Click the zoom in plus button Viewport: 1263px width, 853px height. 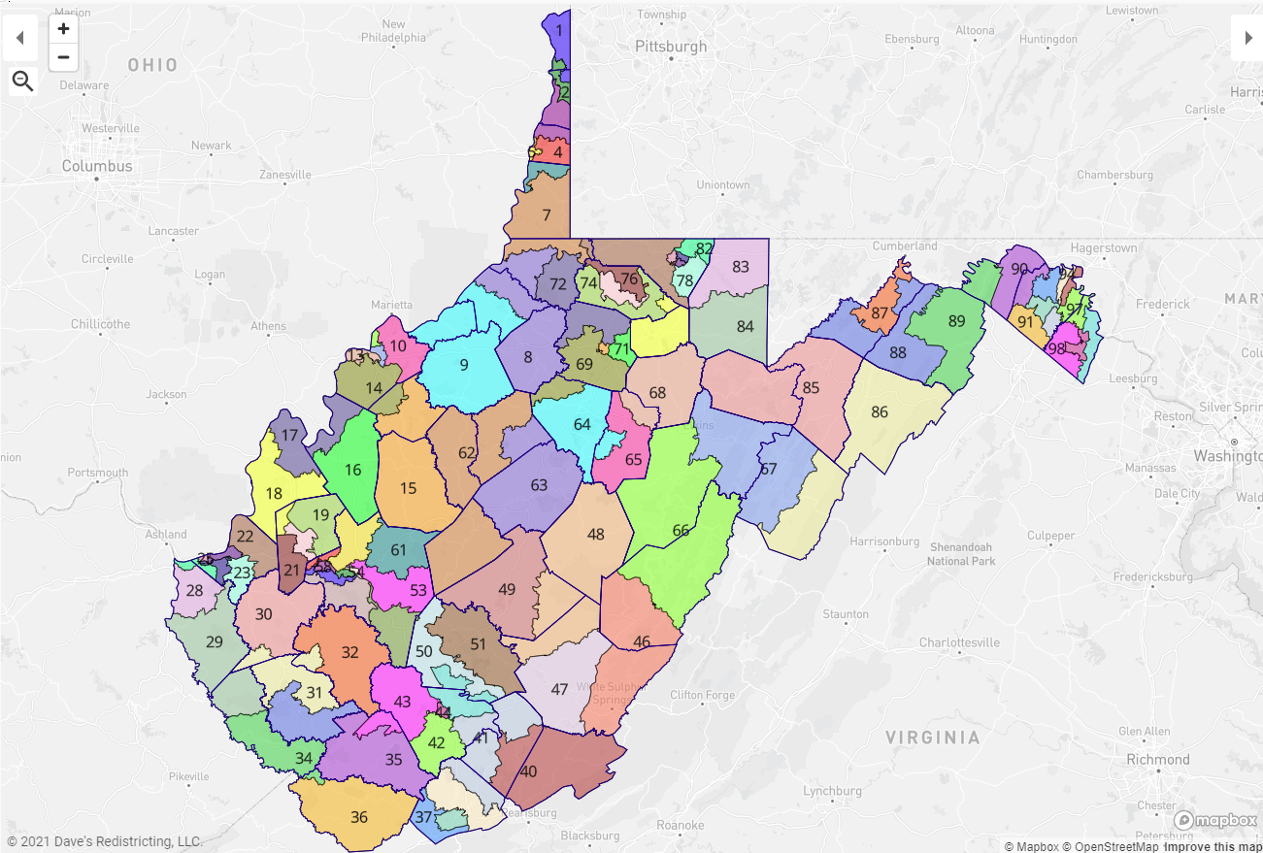[x=63, y=29]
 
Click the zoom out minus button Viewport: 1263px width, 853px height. [x=63, y=57]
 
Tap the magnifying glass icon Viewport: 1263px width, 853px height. [x=22, y=82]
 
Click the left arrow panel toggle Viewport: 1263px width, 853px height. [x=19, y=38]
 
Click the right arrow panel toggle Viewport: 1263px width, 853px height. [x=1247, y=38]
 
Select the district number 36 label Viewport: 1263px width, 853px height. [x=359, y=817]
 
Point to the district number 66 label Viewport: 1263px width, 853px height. [x=681, y=530]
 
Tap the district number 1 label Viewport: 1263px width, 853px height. [x=559, y=30]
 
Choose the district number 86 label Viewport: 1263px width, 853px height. [x=880, y=411]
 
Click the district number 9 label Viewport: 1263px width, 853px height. [x=464, y=365]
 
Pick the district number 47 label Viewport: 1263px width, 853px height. [x=559, y=689]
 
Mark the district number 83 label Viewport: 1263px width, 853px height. [x=741, y=266]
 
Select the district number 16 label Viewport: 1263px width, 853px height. [x=352, y=470]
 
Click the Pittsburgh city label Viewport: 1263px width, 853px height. [x=671, y=47]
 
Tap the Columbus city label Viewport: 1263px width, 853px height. [x=97, y=166]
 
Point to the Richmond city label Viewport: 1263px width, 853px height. [x=1157, y=759]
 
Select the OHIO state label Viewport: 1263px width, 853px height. [x=152, y=65]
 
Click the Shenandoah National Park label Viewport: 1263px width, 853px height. [x=961, y=554]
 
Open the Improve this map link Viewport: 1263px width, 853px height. [x=1213, y=846]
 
